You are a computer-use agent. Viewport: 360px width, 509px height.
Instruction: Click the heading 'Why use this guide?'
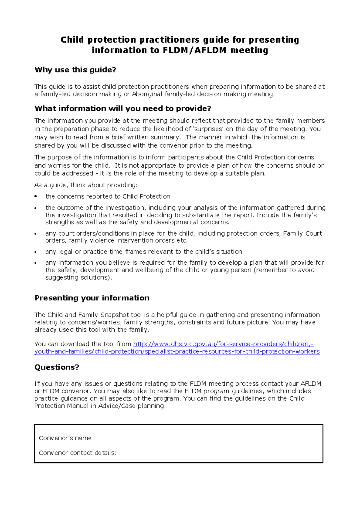(75, 70)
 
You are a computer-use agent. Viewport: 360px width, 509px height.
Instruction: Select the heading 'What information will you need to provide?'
(123, 109)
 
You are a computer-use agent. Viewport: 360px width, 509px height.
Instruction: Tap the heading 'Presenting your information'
(92, 298)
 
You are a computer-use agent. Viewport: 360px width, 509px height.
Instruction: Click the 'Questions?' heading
(57, 367)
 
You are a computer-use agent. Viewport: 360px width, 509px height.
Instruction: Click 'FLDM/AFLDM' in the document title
(194, 50)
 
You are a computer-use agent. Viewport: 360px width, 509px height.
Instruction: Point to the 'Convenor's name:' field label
(66, 438)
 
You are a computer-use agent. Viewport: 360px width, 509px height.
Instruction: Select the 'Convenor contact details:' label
(77, 453)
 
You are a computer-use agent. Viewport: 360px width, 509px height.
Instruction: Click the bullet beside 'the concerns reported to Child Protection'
(36, 197)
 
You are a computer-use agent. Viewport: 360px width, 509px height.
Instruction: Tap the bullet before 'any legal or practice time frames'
(36, 252)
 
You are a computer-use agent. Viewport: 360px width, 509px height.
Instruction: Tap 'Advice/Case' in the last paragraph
(117, 406)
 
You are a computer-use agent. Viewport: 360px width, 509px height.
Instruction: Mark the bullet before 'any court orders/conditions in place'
(36, 234)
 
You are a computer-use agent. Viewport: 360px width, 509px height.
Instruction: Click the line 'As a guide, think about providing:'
(86, 185)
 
